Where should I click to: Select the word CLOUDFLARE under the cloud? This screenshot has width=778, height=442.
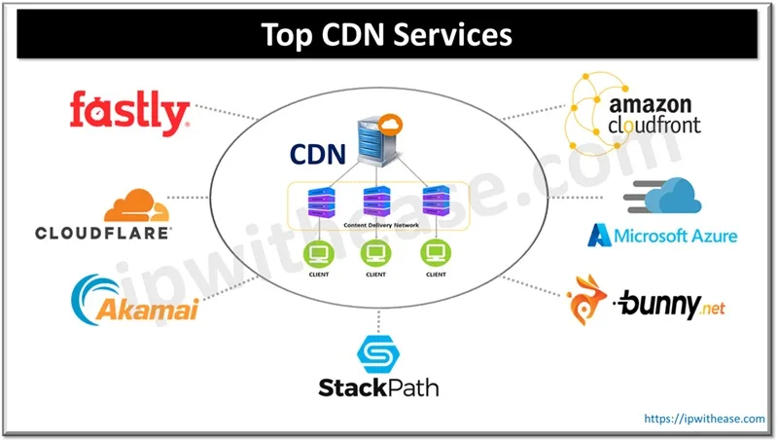103,233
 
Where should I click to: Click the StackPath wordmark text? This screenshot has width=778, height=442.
378,388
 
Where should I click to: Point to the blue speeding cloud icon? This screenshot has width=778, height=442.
666,196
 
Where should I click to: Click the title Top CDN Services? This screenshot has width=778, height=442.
388,35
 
